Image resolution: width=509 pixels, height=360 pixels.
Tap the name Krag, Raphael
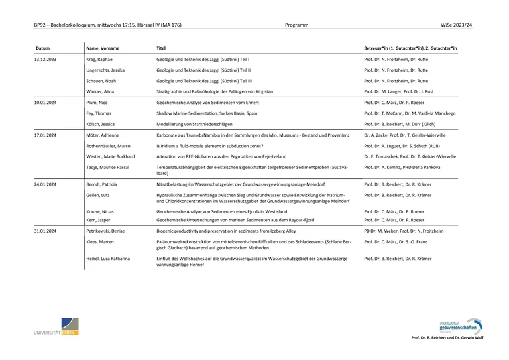point(101,59)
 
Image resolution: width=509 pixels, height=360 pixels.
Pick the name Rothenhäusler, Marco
point(109,145)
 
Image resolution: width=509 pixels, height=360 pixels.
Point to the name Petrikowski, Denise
point(107,231)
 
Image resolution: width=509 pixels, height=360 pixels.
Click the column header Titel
point(161,48)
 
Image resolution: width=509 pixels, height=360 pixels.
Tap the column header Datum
point(42,48)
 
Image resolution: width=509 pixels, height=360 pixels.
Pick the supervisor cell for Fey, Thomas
point(410,113)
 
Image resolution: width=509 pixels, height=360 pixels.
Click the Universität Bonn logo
point(56,327)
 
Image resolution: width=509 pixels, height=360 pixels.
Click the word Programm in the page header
point(296,25)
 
